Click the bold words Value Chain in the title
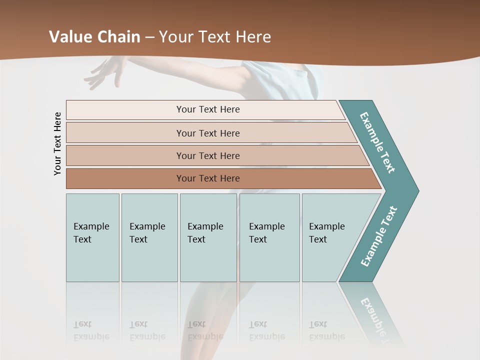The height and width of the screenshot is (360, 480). (x=94, y=37)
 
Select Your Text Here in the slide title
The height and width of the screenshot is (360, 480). (x=215, y=37)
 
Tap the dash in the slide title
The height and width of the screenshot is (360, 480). (x=149, y=37)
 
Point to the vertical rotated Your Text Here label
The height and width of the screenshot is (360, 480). (x=57, y=143)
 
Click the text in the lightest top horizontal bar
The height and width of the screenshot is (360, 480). (x=208, y=109)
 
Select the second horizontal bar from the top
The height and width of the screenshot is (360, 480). (x=208, y=133)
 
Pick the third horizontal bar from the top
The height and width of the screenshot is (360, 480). (x=208, y=155)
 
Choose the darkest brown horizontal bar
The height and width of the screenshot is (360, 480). (x=208, y=178)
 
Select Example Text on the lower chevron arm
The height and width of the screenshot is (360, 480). (x=379, y=236)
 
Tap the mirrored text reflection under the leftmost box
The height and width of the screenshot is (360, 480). (x=91, y=330)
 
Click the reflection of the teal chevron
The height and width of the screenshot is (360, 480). (x=375, y=310)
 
